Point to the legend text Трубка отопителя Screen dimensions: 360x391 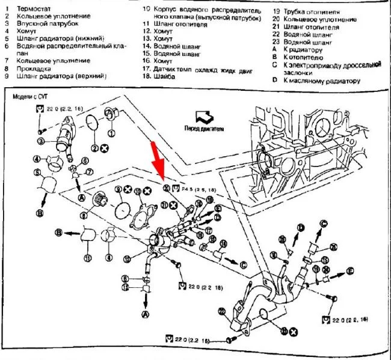(313, 11)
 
